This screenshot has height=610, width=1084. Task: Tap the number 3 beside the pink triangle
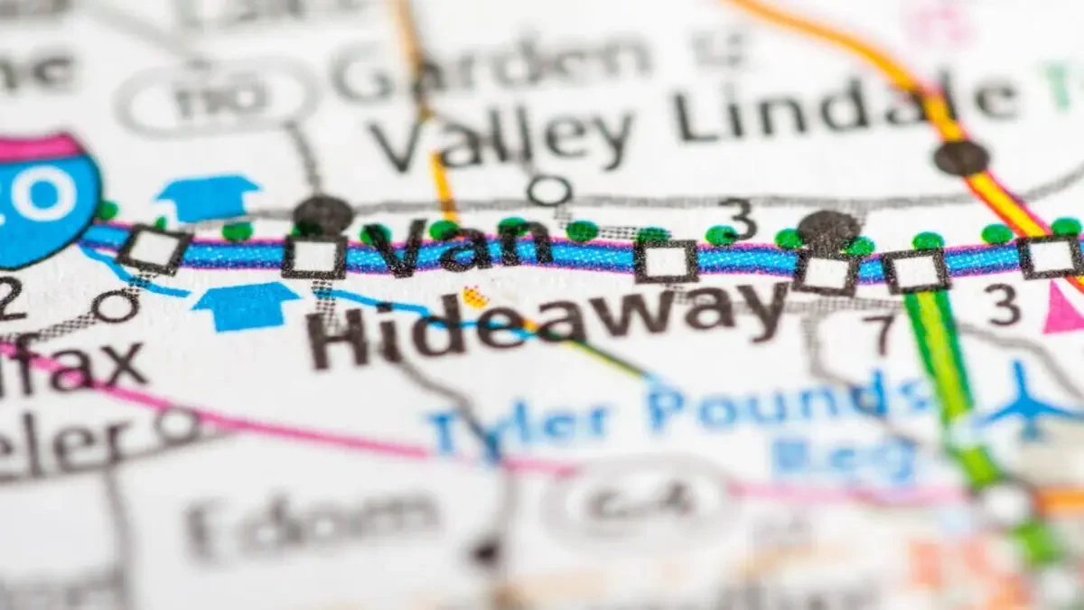pos(1004,305)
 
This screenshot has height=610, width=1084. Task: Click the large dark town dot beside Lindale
pos(960,157)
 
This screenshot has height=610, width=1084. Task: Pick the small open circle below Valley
pos(548,190)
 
